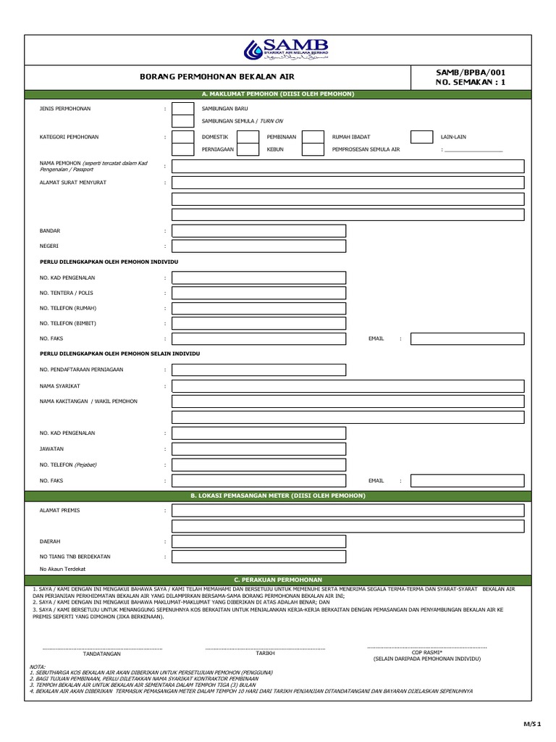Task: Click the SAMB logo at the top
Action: pos(287,49)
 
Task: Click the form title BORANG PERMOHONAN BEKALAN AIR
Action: pos(217,76)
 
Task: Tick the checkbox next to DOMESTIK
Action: pos(182,137)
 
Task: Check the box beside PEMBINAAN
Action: pos(248,137)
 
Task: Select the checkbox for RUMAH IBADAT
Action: pos(313,137)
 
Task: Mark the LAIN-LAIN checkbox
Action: pos(421,137)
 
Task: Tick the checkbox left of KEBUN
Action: pos(248,150)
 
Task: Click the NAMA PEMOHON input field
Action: pos(347,167)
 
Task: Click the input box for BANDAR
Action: pos(258,231)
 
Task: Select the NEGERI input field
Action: pos(258,246)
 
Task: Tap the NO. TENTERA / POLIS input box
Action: pos(258,293)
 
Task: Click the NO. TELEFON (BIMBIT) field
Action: pos(258,323)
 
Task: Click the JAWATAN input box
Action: pos(258,449)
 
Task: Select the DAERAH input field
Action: pos(258,541)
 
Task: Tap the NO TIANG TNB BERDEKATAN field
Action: pos(258,556)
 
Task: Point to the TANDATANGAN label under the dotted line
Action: pos(102,654)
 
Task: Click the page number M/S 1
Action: pos(532,724)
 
